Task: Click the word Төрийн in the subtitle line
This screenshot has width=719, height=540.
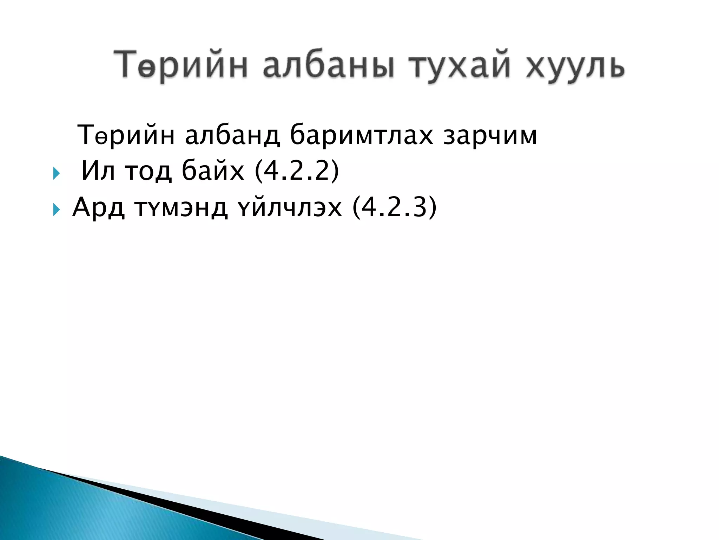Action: point(126,135)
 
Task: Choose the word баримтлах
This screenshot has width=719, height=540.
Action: point(362,135)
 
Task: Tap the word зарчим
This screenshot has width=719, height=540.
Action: point(490,135)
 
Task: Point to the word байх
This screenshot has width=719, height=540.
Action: point(213,171)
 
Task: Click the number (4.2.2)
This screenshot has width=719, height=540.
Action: point(297,171)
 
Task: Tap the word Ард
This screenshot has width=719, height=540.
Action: point(99,207)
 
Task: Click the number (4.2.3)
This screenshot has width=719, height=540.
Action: point(395,207)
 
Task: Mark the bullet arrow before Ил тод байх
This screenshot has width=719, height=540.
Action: point(56,173)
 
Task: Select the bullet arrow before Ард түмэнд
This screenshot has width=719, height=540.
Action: point(56,210)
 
